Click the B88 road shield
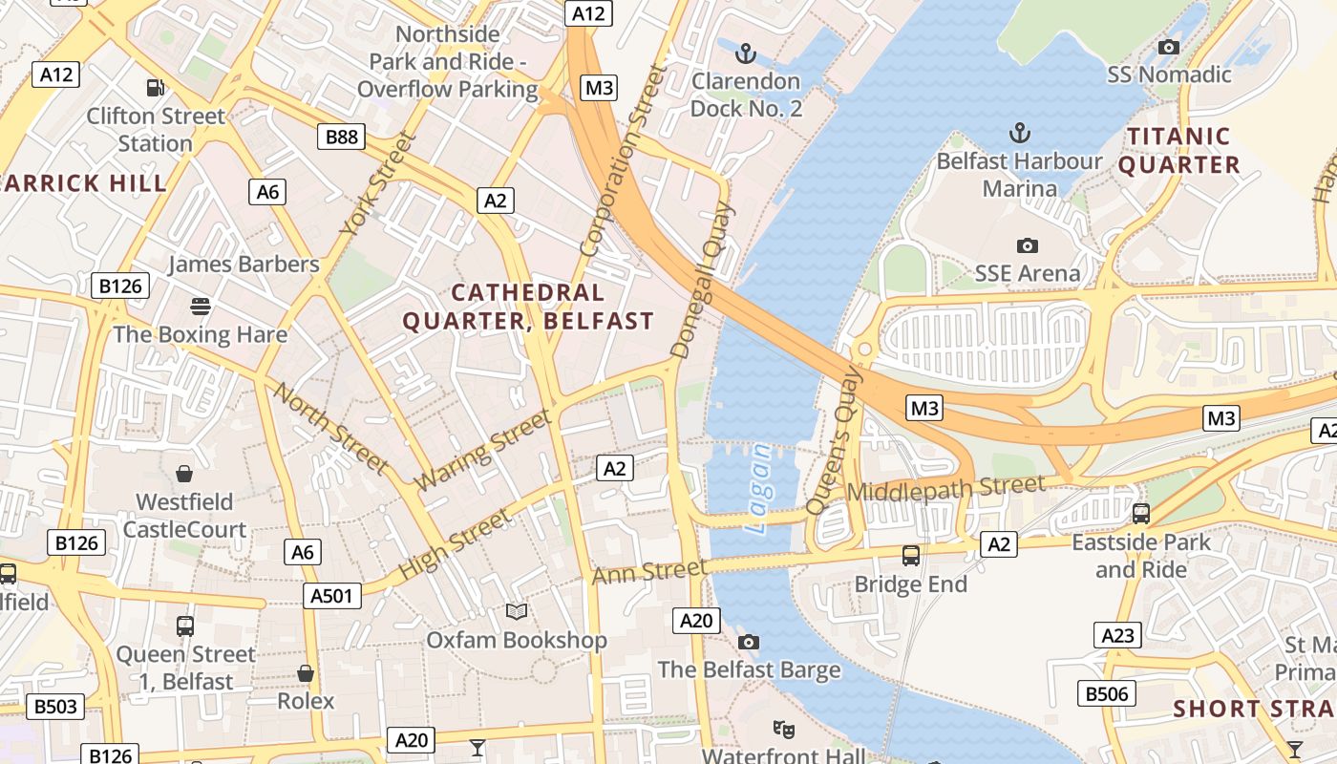pyautogui.click(x=342, y=137)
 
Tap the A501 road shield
pyautogui.click(x=333, y=596)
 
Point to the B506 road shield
pyautogui.click(x=1107, y=693)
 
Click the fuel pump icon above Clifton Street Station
pyautogui.click(x=155, y=88)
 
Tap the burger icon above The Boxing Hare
pyautogui.click(x=201, y=307)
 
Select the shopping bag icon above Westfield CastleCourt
pyautogui.click(x=184, y=474)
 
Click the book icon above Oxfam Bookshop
pyautogui.click(x=517, y=611)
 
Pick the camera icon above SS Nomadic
pyautogui.click(x=1168, y=47)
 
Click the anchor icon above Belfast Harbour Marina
pyautogui.click(x=1020, y=133)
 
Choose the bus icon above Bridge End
pyautogui.click(x=911, y=555)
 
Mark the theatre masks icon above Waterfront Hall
pyautogui.click(x=784, y=730)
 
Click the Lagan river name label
pyautogui.click(x=759, y=488)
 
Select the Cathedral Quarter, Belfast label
pyautogui.click(x=528, y=307)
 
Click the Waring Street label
pyautogui.click(x=483, y=450)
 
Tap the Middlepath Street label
pyautogui.click(x=945, y=489)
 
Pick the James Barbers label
pyautogui.click(x=244, y=265)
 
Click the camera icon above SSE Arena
pyautogui.click(x=1028, y=245)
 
